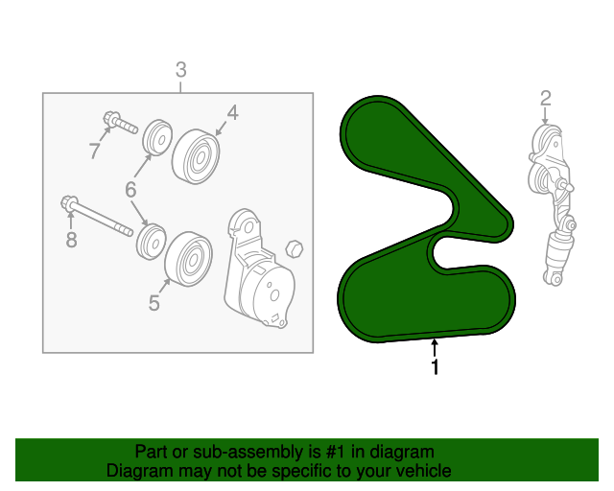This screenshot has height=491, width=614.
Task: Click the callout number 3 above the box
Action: click(x=181, y=70)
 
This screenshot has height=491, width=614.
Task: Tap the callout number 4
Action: click(x=232, y=113)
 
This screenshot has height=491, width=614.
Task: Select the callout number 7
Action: click(x=95, y=151)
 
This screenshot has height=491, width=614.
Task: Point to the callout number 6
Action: click(x=130, y=190)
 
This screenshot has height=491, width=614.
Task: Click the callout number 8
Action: click(x=71, y=240)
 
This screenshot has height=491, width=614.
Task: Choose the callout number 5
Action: click(x=154, y=303)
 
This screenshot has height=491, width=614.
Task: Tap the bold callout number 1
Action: click(x=435, y=367)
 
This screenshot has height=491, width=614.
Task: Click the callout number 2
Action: click(x=546, y=98)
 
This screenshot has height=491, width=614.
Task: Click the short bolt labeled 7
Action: click(x=120, y=122)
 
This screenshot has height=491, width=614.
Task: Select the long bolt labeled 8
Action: click(x=97, y=216)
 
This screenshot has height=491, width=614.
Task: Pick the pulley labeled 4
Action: click(x=196, y=156)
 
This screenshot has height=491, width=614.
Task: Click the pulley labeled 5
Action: click(x=189, y=258)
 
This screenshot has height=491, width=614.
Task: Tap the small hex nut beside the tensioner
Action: click(x=295, y=248)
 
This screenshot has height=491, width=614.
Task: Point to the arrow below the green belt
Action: click(x=435, y=348)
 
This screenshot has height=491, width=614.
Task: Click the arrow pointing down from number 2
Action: click(x=545, y=116)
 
